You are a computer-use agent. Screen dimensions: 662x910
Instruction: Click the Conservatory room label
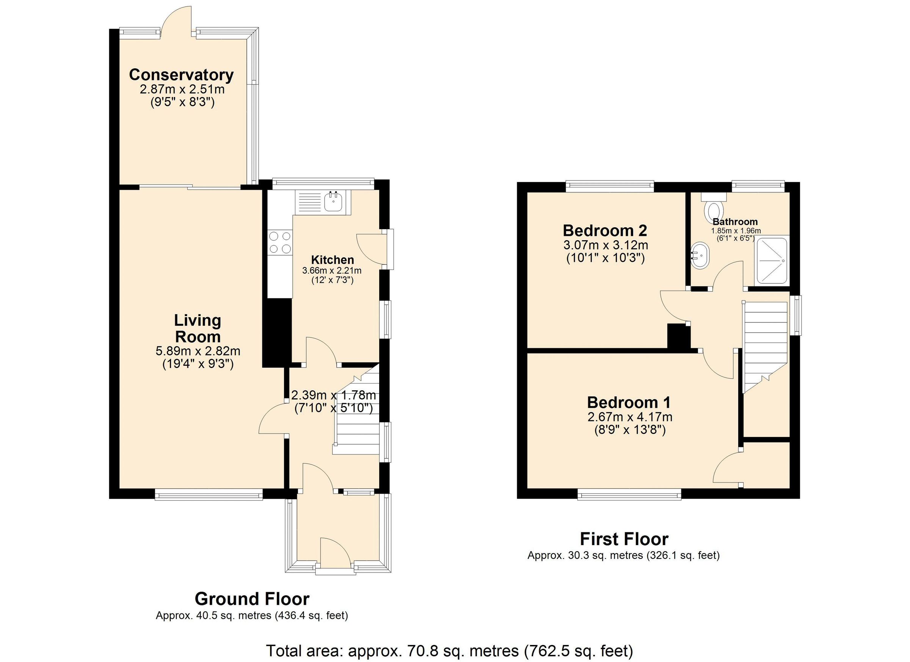tap(181, 75)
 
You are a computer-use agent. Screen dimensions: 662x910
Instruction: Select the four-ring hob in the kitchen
tap(280, 242)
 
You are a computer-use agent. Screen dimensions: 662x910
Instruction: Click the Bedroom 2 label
tap(605, 231)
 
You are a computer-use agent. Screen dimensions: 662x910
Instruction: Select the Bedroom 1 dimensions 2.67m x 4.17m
tap(629, 417)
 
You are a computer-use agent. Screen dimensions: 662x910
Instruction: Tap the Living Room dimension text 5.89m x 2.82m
tap(198, 351)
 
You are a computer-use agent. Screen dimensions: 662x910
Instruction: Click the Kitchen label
tap(333, 260)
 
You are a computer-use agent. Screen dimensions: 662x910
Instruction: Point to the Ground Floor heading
tap(252, 599)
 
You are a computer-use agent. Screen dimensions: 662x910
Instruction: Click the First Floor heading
tap(624, 539)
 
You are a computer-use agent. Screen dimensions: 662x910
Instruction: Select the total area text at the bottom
tap(449, 651)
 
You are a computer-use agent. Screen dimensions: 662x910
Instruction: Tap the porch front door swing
tap(335, 552)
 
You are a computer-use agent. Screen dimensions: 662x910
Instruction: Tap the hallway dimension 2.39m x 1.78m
tap(333, 395)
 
